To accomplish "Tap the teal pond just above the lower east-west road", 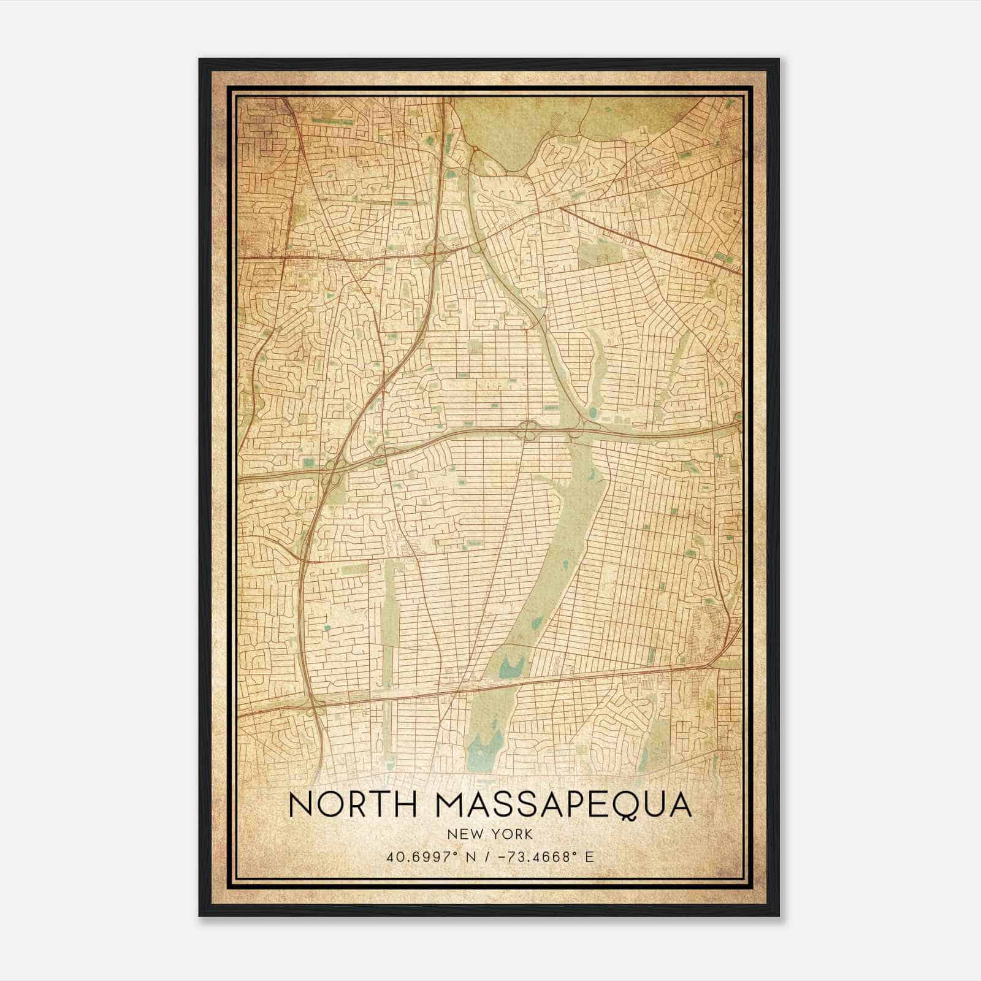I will (x=509, y=666).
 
